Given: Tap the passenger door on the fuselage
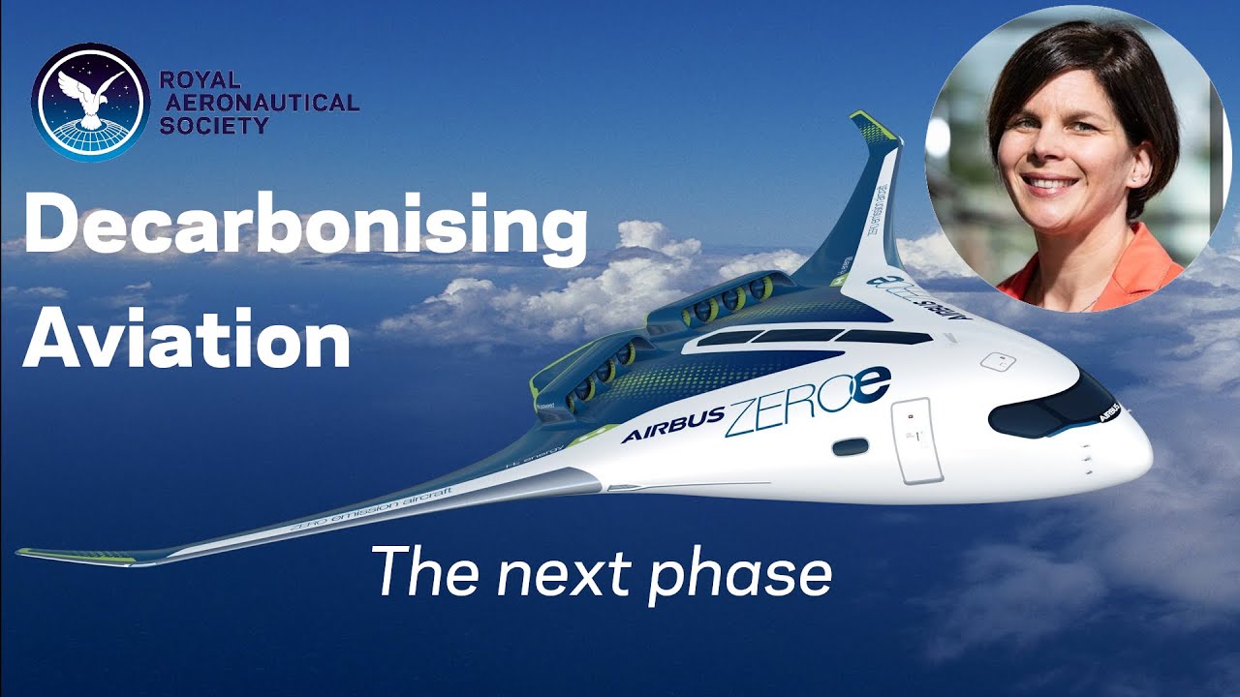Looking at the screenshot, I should [915, 439].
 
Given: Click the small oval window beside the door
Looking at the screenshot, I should [850, 446].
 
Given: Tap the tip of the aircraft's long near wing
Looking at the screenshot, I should [27, 554].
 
